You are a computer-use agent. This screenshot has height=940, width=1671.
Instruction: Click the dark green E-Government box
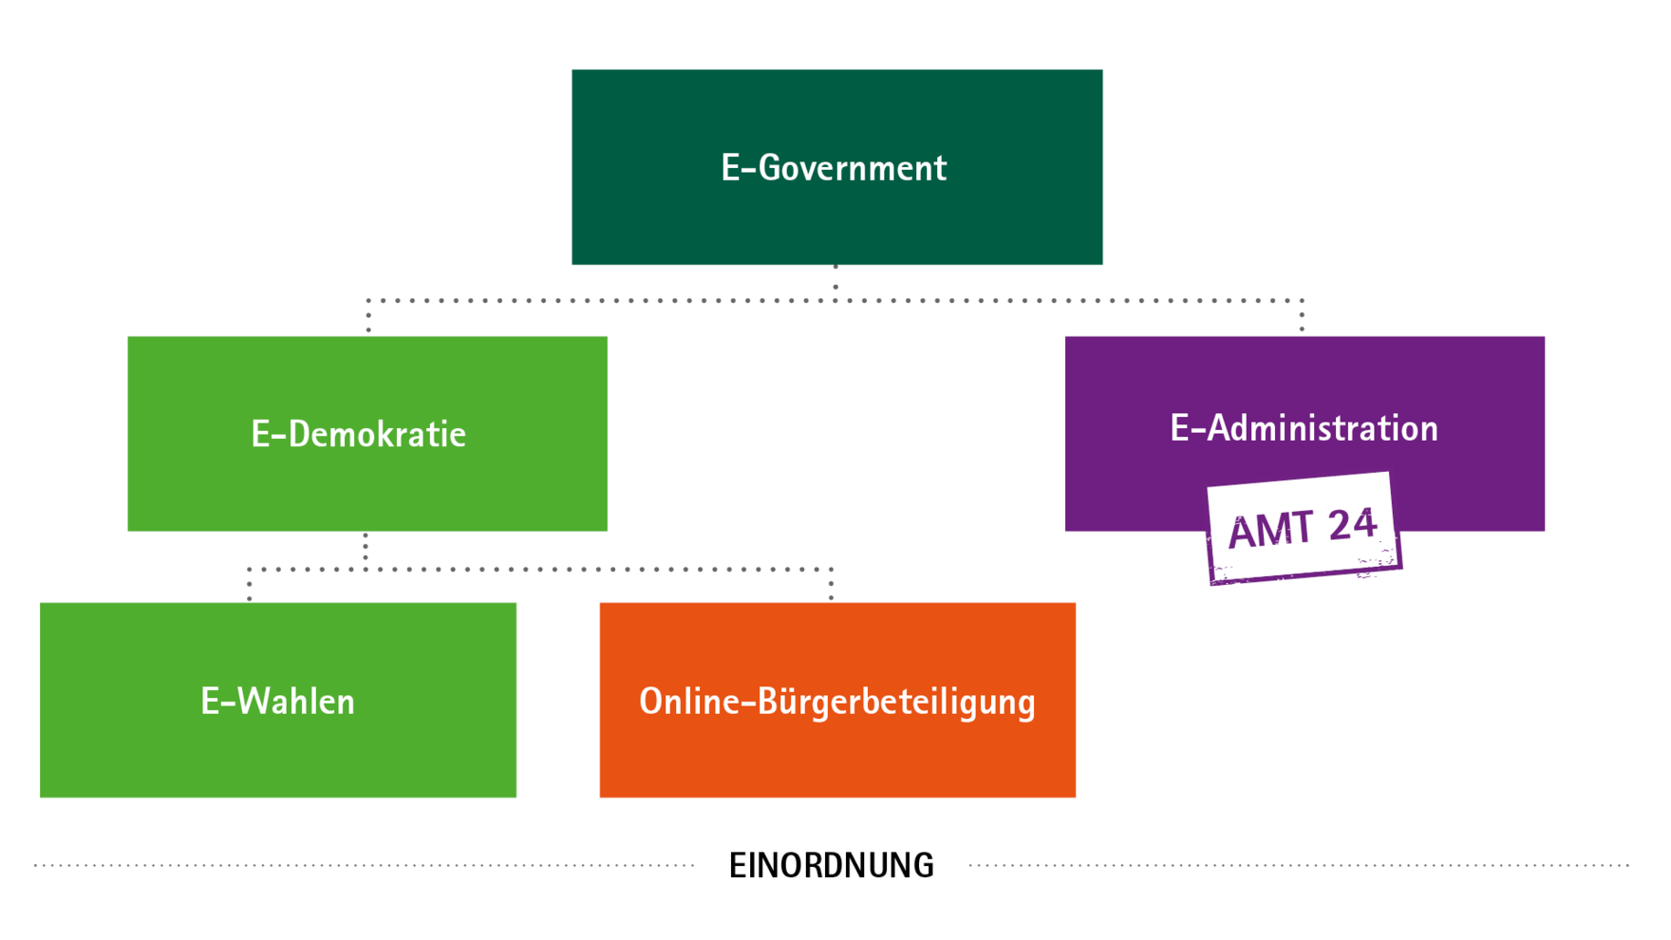836,167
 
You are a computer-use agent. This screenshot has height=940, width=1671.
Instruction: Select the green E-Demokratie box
367,433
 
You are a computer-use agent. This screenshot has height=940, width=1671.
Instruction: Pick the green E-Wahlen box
278,700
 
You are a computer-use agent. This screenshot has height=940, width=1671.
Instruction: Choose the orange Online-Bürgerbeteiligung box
837,700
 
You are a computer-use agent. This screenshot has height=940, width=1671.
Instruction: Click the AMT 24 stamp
1303,528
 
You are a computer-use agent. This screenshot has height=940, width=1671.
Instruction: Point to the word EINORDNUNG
832,866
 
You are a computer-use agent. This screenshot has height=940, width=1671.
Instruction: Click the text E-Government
834,168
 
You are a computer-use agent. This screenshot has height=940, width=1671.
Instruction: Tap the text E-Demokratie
358,434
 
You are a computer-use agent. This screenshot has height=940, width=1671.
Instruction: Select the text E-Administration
1304,428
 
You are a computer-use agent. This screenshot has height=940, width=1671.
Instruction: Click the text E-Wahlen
277,702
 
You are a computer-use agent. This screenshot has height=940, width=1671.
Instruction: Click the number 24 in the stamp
1352,524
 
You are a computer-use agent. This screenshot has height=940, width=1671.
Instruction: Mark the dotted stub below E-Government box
835,283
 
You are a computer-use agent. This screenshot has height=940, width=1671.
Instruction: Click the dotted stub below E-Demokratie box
366,551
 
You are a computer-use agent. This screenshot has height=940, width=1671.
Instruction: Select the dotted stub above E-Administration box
1302,317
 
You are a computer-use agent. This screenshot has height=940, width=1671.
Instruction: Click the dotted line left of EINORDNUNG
365,866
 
